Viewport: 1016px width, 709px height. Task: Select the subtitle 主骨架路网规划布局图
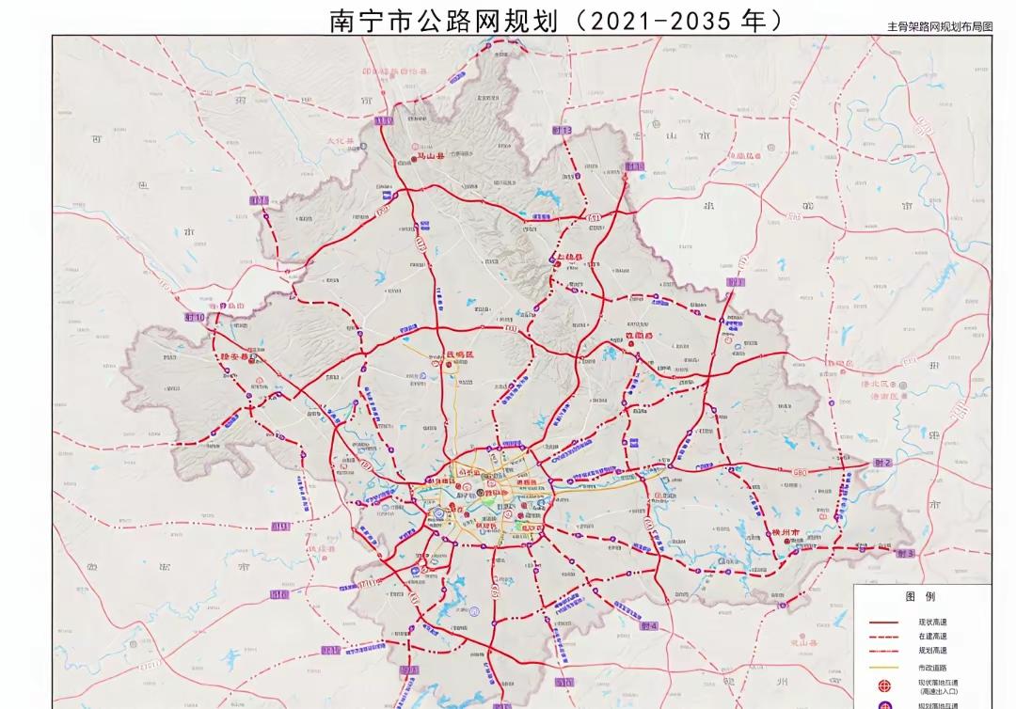[x=940, y=28]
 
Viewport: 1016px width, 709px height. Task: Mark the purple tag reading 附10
[x=195, y=318]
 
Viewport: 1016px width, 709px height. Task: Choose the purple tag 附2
[x=881, y=463]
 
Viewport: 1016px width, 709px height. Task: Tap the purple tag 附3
[x=906, y=554]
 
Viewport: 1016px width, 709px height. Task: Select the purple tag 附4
[x=649, y=625]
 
